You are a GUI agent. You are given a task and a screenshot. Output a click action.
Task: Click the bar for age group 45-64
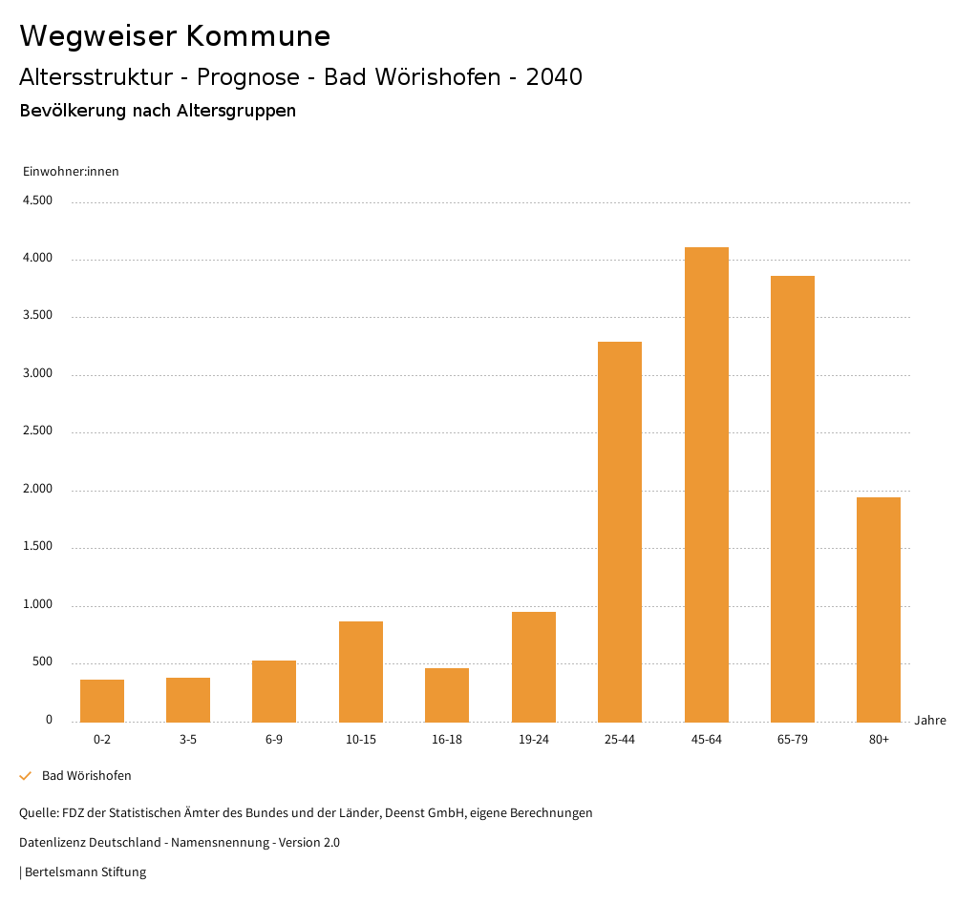(x=706, y=484)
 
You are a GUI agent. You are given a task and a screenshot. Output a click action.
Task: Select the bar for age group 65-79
(x=793, y=498)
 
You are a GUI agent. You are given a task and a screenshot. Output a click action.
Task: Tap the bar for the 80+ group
(x=879, y=609)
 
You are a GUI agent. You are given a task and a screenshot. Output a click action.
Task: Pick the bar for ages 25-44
(x=620, y=532)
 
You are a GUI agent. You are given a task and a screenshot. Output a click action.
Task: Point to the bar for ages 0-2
(x=102, y=701)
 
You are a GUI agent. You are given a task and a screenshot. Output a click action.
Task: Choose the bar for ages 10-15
(x=361, y=671)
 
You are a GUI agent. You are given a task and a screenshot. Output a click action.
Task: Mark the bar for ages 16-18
(x=447, y=695)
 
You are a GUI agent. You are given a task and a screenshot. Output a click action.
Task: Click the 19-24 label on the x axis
(x=534, y=740)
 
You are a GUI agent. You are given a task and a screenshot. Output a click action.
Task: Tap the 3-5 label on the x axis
(x=188, y=740)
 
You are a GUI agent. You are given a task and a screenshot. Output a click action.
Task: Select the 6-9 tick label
(x=274, y=740)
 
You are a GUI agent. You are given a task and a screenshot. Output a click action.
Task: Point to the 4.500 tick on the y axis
(x=38, y=200)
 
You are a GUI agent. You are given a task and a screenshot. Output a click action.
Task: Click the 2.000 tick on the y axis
(x=38, y=490)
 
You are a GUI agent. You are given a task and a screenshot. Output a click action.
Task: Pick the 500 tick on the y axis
(x=42, y=662)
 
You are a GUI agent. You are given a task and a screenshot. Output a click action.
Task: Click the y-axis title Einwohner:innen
(x=71, y=172)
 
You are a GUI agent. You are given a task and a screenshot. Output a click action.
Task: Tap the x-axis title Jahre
(x=929, y=721)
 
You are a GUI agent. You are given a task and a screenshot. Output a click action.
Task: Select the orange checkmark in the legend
(x=26, y=776)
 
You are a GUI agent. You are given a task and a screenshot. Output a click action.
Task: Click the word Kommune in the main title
(x=258, y=36)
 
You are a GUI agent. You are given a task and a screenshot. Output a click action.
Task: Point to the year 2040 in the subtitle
(x=554, y=77)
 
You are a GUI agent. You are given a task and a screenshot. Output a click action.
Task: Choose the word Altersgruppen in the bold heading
(x=236, y=111)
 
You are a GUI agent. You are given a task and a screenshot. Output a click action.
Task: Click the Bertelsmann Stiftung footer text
(x=85, y=872)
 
